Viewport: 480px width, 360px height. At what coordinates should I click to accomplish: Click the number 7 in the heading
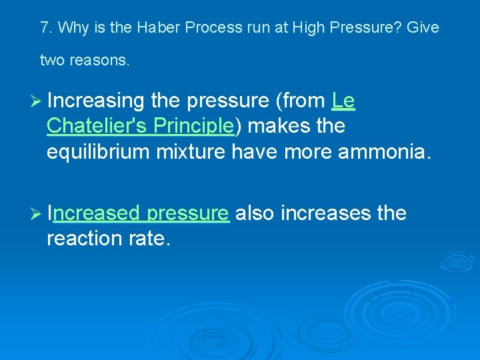pos(45,28)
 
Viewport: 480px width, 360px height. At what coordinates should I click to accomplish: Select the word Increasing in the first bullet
pos(96,101)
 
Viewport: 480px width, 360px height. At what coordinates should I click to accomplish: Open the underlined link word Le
pos(343,101)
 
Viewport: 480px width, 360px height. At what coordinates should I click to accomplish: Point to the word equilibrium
pos(98,151)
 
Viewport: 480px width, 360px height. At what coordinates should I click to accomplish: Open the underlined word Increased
pos(94,213)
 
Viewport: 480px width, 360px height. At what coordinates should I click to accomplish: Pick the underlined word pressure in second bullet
pos(188,213)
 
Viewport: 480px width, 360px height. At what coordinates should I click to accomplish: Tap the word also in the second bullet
pos(256,213)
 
